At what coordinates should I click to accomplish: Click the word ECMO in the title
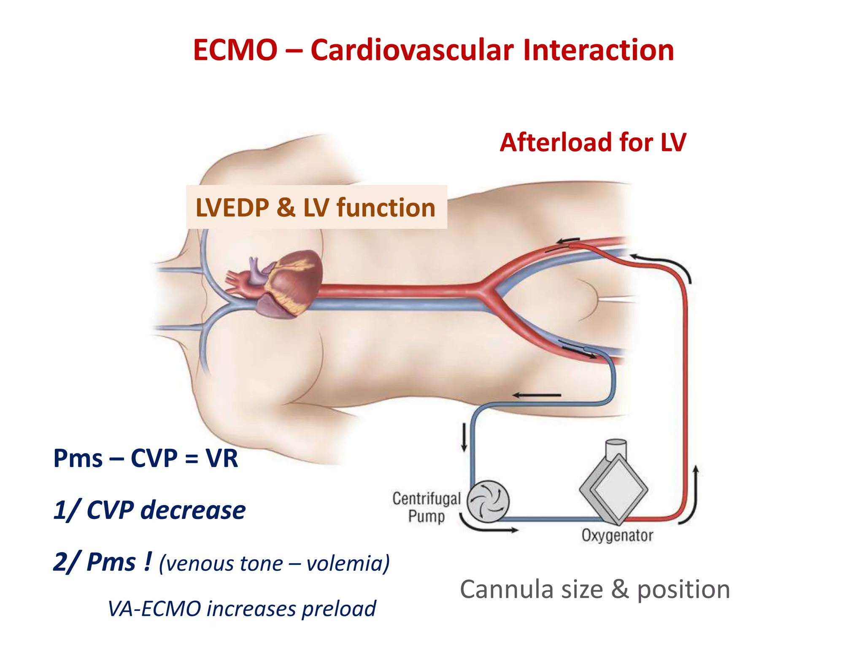[235, 50]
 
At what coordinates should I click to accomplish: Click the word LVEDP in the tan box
[232, 208]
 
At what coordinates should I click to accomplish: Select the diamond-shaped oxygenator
[614, 489]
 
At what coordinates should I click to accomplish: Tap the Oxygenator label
[617, 535]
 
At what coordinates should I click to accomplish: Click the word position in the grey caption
[683, 589]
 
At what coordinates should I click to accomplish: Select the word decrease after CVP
[193, 510]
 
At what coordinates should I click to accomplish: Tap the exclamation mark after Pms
[147, 562]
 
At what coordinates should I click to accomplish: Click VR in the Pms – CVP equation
[222, 458]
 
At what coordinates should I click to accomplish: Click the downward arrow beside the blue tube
[464, 437]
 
